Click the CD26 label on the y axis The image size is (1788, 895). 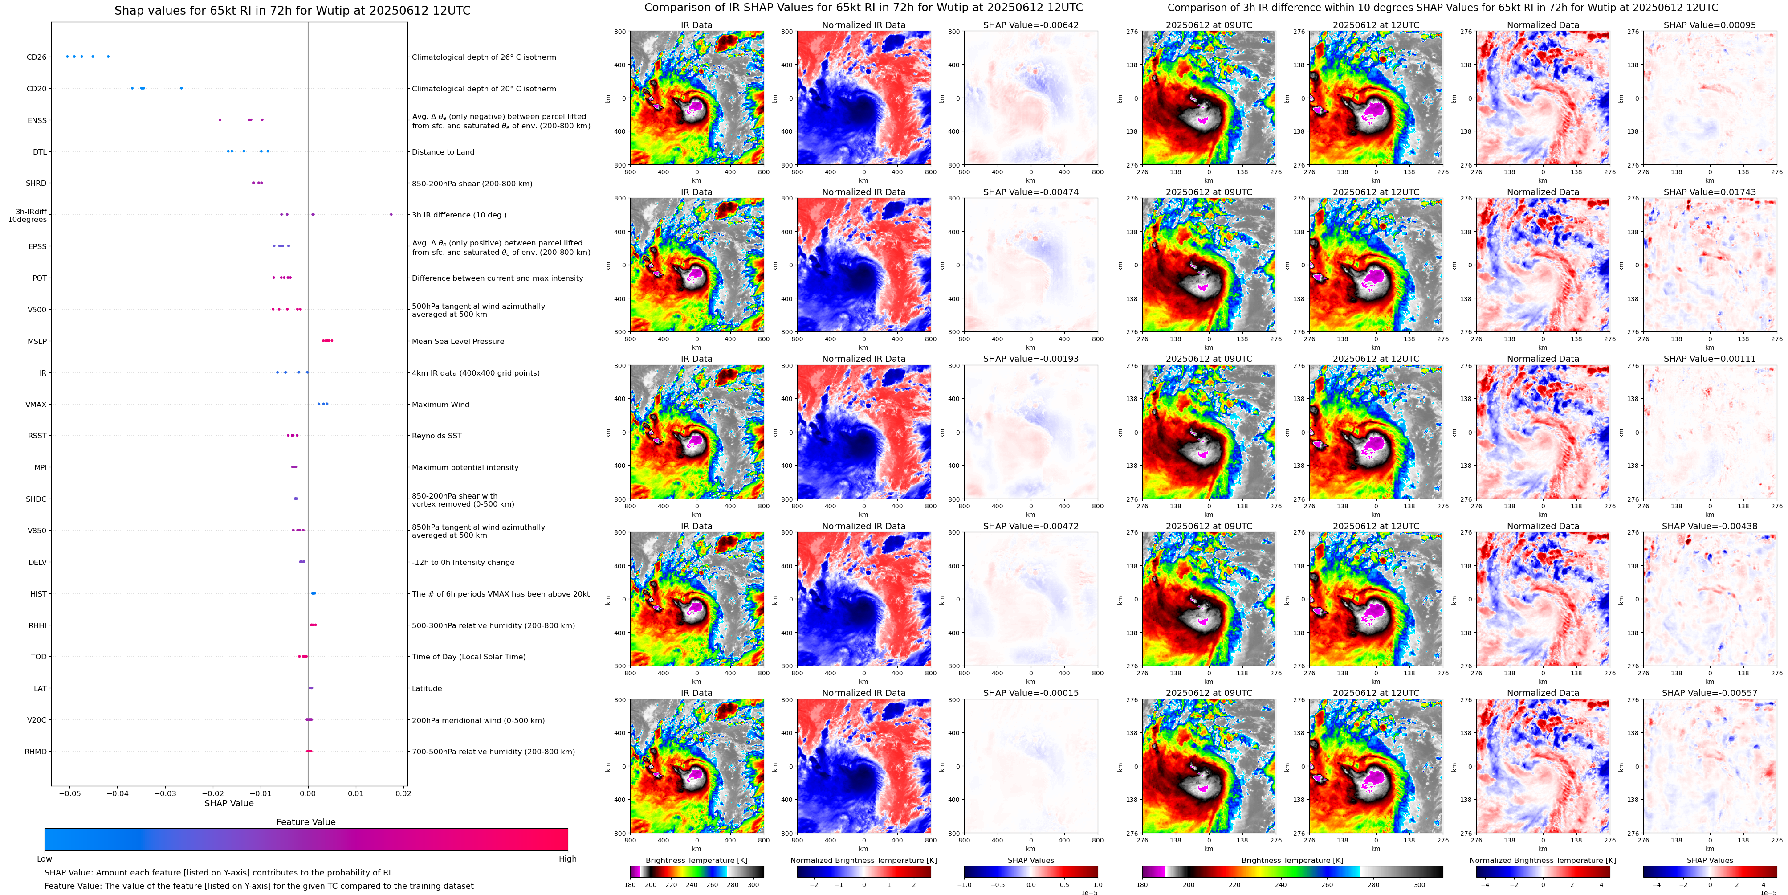[36, 57]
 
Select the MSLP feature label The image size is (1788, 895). [37, 341]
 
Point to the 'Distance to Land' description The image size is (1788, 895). [443, 152]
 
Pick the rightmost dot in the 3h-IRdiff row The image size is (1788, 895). [391, 215]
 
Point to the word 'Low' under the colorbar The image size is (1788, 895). [45, 859]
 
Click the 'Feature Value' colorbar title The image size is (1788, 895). [305, 822]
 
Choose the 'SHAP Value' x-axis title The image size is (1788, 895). [229, 803]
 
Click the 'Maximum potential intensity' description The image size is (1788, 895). [465, 467]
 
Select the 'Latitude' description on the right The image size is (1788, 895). [427, 689]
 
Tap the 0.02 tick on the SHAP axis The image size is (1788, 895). [403, 793]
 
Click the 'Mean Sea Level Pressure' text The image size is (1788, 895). [458, 341]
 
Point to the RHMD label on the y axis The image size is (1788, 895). [35, 751]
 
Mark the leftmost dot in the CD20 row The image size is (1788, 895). [132, 88]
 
